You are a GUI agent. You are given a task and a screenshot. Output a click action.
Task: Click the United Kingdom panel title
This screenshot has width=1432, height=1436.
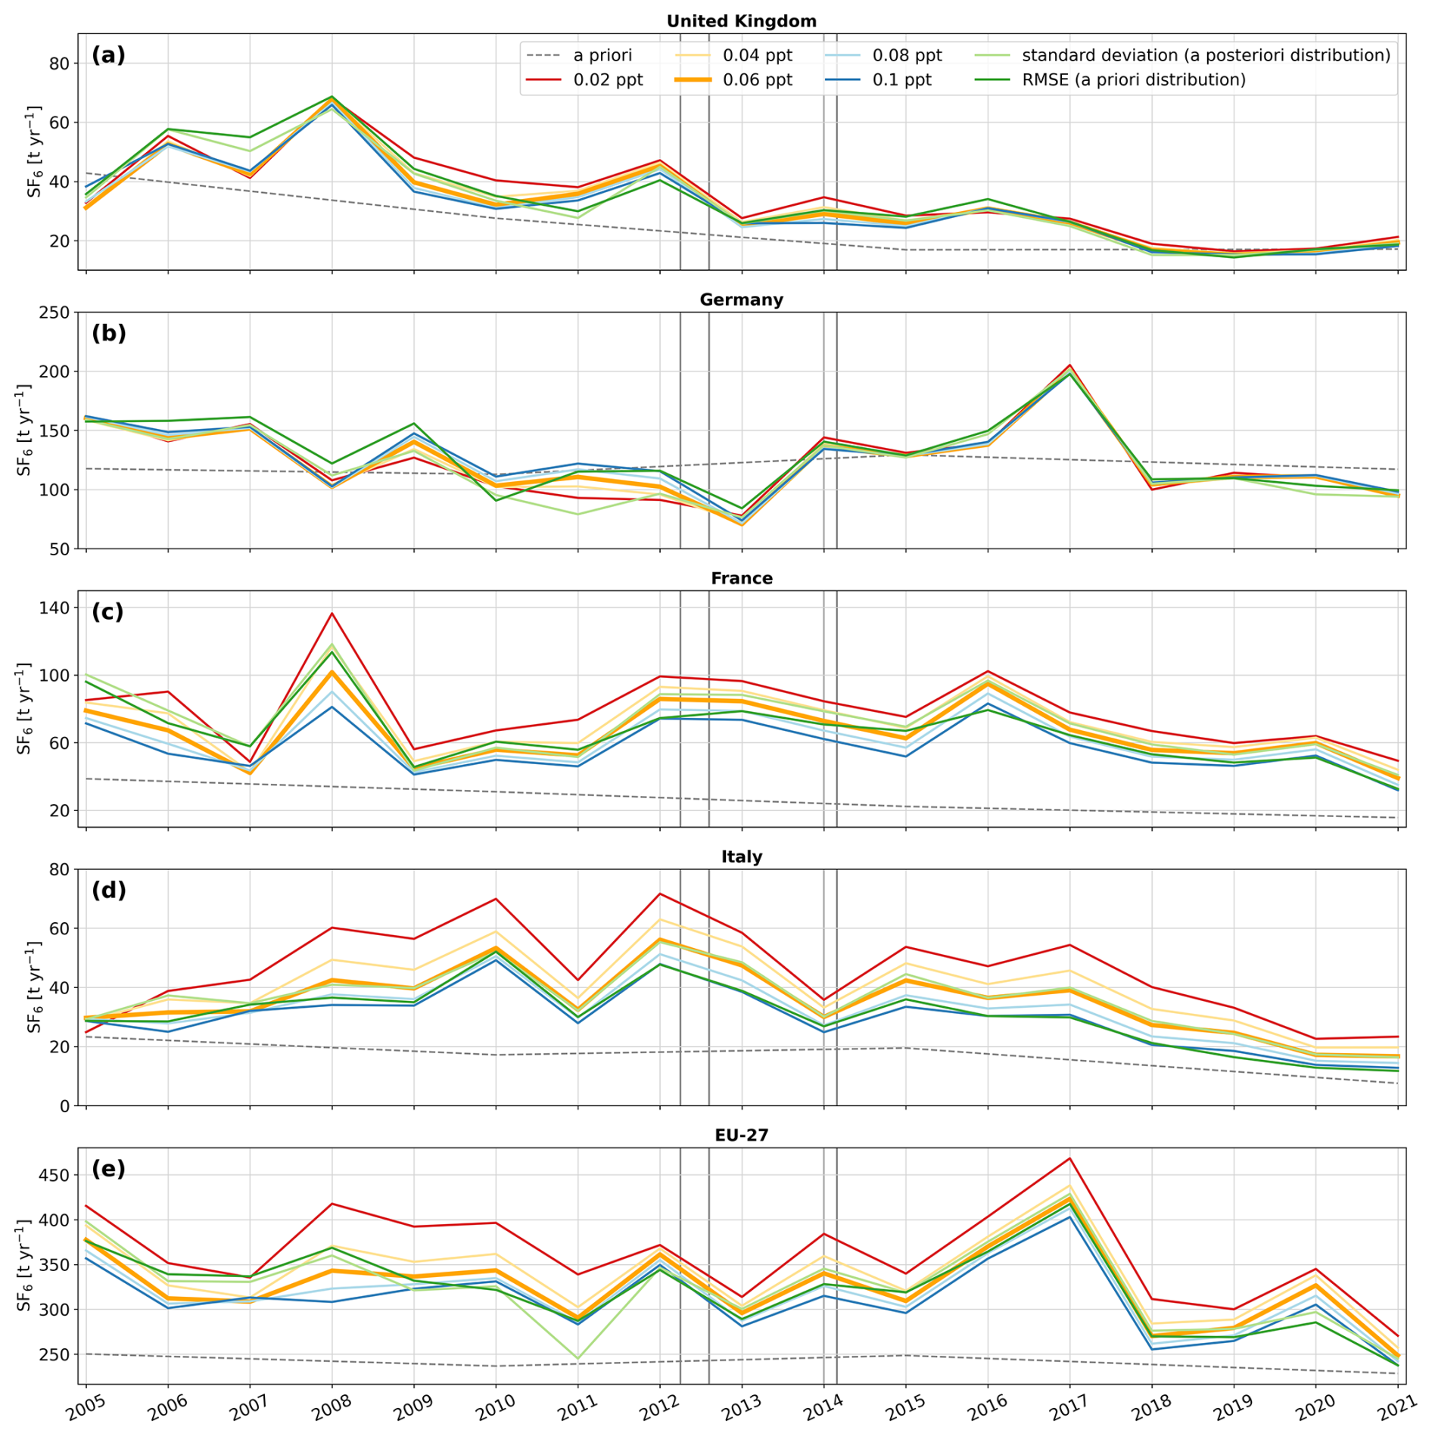point(741,21)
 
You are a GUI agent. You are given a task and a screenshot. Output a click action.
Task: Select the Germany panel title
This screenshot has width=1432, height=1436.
point(741,300)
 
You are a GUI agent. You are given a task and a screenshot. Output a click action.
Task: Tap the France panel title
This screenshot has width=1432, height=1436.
point(741,578)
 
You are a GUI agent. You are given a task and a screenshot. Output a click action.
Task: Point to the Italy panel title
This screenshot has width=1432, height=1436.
point(741,856)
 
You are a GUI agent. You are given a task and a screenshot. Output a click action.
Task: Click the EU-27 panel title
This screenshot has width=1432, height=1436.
point(741,1135)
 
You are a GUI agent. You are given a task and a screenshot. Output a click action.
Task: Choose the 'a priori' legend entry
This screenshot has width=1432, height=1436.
point(602,55)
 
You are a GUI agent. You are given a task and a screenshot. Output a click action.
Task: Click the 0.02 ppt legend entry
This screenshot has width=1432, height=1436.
point(608,80)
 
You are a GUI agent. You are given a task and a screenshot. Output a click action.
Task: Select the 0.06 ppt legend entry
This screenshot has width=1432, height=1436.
point(757,80)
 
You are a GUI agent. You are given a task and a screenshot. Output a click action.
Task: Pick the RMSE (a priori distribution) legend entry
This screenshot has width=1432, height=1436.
point(1133,80)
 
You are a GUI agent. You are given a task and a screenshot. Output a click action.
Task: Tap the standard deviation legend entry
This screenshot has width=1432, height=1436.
point(1206,55)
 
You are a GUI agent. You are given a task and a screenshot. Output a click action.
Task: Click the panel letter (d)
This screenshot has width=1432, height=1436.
point(108,890)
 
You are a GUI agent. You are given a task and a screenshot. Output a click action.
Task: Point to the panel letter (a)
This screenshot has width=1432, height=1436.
point(108,54)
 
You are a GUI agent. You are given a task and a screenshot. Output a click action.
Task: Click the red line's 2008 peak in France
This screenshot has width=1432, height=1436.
point(332,613)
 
